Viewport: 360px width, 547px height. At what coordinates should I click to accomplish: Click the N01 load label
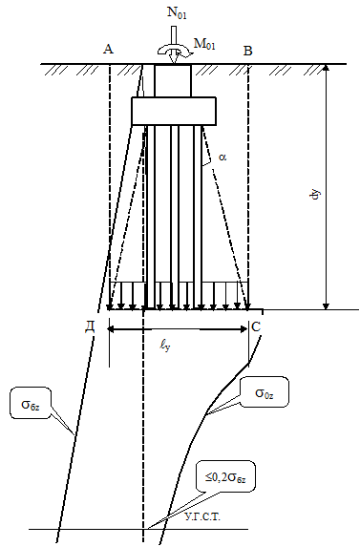pos(177,12)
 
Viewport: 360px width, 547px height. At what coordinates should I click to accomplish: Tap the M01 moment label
pos(204,44)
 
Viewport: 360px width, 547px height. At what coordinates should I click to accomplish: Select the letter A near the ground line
pos(109,50)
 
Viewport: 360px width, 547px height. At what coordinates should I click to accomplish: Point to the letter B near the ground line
pos(247,51)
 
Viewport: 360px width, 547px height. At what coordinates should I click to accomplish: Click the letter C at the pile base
pos(256,326)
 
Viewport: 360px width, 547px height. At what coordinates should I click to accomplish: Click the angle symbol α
pos(222,157)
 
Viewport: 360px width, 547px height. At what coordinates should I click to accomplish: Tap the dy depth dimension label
pos(315,195)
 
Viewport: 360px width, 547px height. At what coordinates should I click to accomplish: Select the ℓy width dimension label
pos(165,346)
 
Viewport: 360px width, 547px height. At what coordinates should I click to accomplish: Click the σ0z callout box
pos(265,391)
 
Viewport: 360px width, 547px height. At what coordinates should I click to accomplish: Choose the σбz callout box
pos(31,403)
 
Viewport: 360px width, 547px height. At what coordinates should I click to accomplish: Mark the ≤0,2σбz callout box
pos(225,476)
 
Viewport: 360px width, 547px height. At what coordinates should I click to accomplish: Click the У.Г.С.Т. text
pos(202,517)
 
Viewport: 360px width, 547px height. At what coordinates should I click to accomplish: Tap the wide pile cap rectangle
pos(174,112)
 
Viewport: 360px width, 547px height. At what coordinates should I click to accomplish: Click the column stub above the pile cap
pos(173,80)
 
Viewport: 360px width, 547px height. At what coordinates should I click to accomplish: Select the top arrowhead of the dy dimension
pos(326,68)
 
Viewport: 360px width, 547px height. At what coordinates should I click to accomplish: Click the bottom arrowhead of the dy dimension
pos(326,305)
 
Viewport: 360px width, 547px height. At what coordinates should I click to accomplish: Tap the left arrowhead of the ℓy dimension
pos(112,329)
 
